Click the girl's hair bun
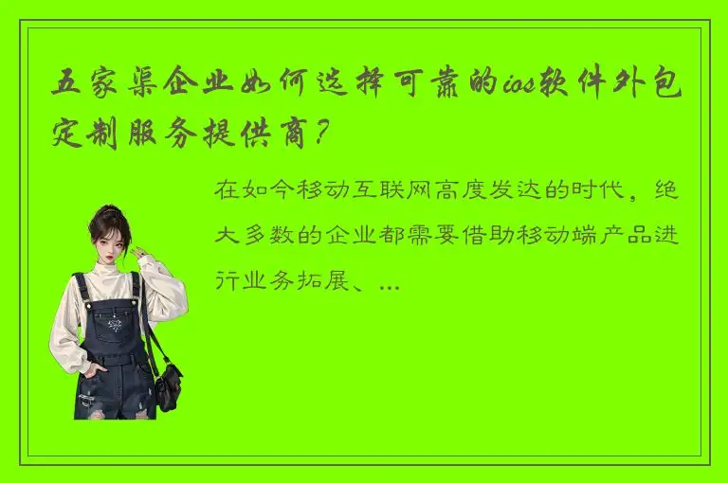coord(112,209)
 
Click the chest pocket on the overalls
coord(113,326)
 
